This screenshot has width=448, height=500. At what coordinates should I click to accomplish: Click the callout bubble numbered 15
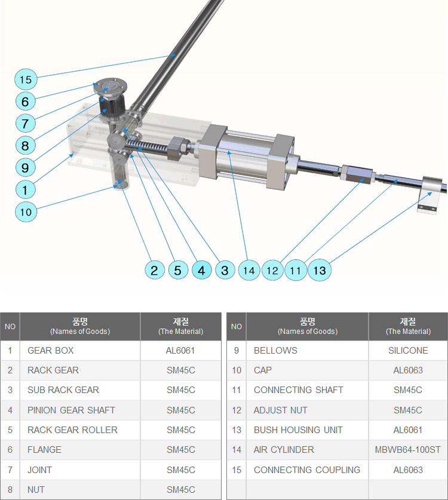pyautogui.click(x=26, y=79)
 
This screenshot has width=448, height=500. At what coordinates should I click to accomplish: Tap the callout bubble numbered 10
pyautogui.click(x=26, y=212)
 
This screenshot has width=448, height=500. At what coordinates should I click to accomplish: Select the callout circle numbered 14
pyautogui.click(x=248, y=271)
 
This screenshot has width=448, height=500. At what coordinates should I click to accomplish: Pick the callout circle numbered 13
pyautogui.click(x=320, y=271)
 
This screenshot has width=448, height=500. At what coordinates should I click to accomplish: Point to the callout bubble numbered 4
pyautogui.click(x=201, y=271)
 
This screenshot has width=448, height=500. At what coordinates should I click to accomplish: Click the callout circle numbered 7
pyautogui.click(x=25, y=124)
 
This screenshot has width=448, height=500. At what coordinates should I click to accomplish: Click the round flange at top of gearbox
pyautogui.click(x=111, y=87)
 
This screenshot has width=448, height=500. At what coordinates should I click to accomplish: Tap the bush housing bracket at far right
pyautogui.click(x=431, y=195)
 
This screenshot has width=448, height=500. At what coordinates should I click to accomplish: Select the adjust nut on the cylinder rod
pyautogui.click(x=357, y=174)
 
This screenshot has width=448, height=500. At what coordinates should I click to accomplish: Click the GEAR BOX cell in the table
pyautogui.click(x=79, y=351)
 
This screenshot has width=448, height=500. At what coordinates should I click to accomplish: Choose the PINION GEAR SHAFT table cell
pyautogui.click(x=79, y=410)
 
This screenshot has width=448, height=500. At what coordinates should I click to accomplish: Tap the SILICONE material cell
pyautogui.click(x=408, y=351)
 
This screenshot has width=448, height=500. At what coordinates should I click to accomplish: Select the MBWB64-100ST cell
pyautogui.click(x=408, y=450)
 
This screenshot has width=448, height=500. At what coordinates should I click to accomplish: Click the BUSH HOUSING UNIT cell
pyautogui.click(x=308, y=430)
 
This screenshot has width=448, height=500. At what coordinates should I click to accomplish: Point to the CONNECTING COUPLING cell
pyautogui.click(x=308, y=470)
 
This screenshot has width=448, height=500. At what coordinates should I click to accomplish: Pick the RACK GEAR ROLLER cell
pyautogui.click(x=79, y=430)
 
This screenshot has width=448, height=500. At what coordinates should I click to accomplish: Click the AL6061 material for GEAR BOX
pyautogui.click(x=180, y=351)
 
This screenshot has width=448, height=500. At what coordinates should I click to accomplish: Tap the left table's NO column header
pyautogui.click(x=10, y=327)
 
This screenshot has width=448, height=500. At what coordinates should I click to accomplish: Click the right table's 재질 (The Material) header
pyautogui.click(x=408, y=327)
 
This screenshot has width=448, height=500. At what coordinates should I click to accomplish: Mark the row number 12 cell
pyautogui.click(x=237, y=410)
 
